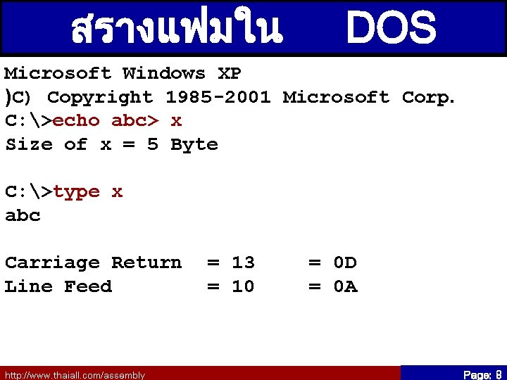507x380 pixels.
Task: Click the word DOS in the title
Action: pyautogui.click(x=392, y=28)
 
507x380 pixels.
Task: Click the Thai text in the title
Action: pyautogui.click(x=177, y=28)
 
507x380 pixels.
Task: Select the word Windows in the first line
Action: pyautogui.click(x=164, y=73)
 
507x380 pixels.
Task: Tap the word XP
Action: pyautogui.click(x=230, y=73)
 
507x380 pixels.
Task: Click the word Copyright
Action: pyautogui.click(x=99, y=97)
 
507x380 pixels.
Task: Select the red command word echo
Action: pyautogui.click(x=76, y=120)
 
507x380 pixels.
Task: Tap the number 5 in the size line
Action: pyautogui.click(x=153, y=144)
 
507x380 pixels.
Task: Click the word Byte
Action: pyautogui.click(x=194, y=144)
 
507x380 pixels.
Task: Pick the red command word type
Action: pyautogui.click(x=76, y=191)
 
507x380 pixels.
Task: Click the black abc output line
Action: pyautogui.click(x=23, y=215)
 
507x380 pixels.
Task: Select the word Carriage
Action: pyautogui.click(x=52, y=262)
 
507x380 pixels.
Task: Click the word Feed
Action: pyautogui.click(x=88, y=286)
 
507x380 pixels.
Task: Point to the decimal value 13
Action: pyautogui.click(x=243, y=262)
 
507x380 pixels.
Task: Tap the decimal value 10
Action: pyautogui.click(x=243, y=286)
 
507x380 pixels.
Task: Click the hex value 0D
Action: pyautogui.click(x=345, y=262)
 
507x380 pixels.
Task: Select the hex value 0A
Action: pyautogui.click(x=345, y=286)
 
